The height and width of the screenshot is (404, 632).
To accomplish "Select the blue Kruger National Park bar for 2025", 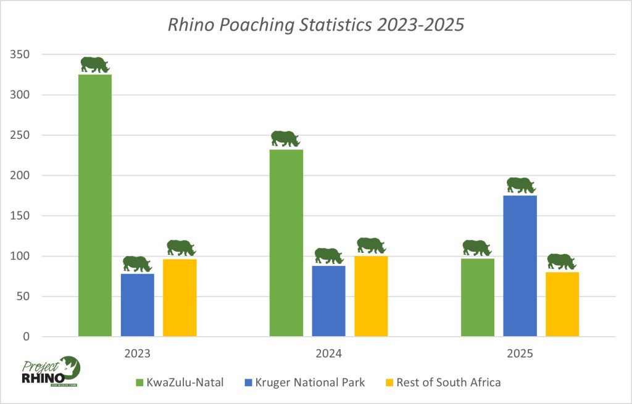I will [x=520, y=266].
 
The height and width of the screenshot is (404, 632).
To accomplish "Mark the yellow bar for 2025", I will [x=562, y=304].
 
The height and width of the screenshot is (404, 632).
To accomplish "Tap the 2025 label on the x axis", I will [x=520, y=355].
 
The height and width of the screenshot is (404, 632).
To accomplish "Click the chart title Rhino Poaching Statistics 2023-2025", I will [x=315, y=26].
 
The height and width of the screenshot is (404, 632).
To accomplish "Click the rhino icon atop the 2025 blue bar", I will [x=520, y=185].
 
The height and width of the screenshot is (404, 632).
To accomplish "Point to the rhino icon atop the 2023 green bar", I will [x=94, y=64].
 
